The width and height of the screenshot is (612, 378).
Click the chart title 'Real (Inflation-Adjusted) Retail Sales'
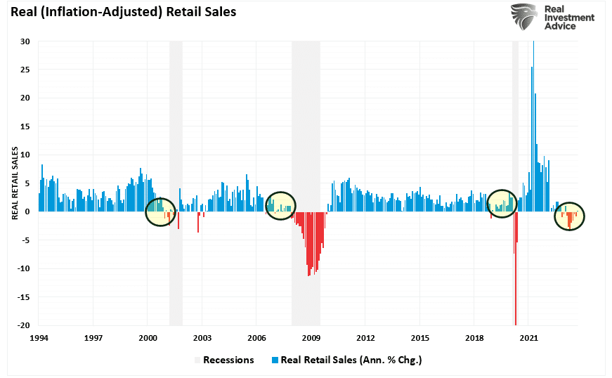tap(124, 12)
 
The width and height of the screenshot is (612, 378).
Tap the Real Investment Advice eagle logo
tap(524, 17)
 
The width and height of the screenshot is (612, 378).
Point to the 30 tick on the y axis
tap(25, 41)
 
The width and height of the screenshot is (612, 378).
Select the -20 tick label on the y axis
tap(22, 325)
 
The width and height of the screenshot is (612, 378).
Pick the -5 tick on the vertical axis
tap(25, 240)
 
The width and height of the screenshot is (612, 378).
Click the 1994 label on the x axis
tap(39, 338)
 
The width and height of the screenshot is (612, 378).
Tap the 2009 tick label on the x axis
tap(311, 338)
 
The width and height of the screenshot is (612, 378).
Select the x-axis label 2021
tap(528, 338)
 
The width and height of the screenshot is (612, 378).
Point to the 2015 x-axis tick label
tap(420, 338)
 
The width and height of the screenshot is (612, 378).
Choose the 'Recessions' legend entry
tap(228, 360)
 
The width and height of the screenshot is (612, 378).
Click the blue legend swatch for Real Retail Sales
tap(275, 360)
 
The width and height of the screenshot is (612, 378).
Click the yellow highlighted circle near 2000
tap(160, 211)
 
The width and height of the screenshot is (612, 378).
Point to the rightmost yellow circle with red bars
tap(569, 217)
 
